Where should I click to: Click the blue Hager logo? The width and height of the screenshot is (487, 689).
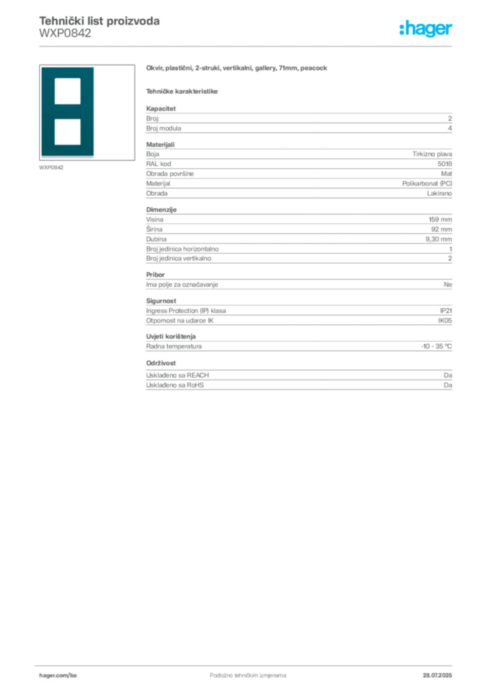[x=426, y=30]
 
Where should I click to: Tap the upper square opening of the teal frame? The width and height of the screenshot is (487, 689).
[x=67, y=91]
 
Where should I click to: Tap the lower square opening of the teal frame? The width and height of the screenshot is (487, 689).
[x=67, y=131]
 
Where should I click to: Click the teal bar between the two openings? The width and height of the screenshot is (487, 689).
[x=67, y=112]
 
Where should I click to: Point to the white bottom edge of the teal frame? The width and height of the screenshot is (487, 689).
[x=67, y=158]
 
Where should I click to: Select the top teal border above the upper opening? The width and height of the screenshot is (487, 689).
[x=67, y=72]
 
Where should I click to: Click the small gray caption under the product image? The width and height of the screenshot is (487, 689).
[x=51, y=168]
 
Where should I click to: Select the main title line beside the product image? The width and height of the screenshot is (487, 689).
[x=239, y=69]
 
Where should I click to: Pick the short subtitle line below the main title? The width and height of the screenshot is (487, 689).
[x=183, y=91]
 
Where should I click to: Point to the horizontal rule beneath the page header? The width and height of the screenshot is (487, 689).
[x=247, y=46]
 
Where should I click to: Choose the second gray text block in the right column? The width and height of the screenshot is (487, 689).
[x=298, y=170]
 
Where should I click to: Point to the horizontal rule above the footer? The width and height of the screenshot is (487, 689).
[x=247, y=664]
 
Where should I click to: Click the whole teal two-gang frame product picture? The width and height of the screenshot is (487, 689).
[x=67, y=112]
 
